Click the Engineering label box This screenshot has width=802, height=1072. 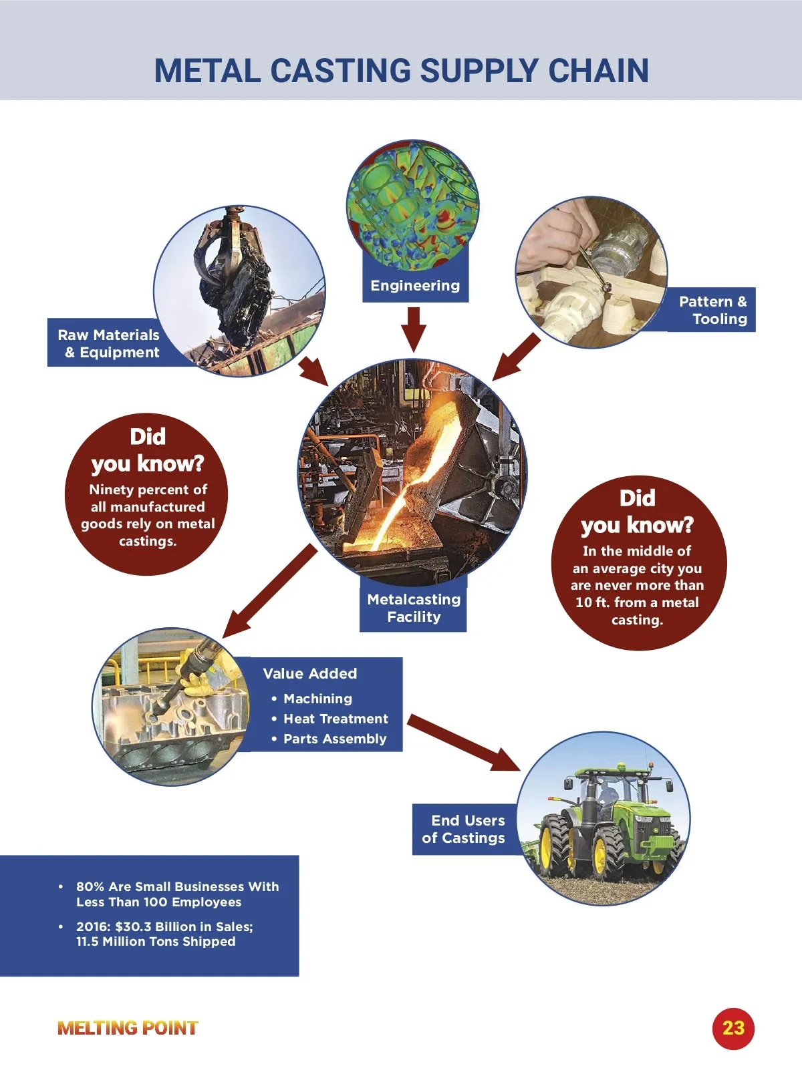[416, 286]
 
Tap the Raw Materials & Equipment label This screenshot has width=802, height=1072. [108, 343]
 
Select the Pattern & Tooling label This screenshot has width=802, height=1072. [712, 310]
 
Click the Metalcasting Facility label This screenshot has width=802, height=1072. [414, 608]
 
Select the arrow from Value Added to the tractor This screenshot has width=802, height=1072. [464, 743]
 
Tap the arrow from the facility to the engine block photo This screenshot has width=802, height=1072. [270, 591]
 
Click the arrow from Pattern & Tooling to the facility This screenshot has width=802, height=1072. [516, 357]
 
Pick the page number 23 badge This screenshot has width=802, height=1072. [733, 1027]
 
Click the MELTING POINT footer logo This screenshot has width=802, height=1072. [128, 1028]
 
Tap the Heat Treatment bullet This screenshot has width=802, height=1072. [336, 719]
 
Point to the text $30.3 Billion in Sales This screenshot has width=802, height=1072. [184, 926]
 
